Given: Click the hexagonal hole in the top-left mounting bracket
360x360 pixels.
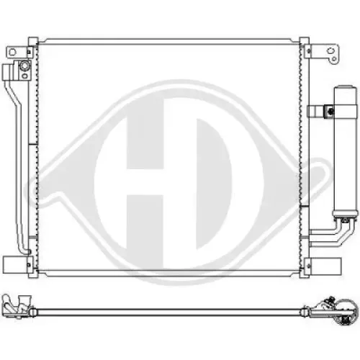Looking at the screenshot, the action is coord(12,52).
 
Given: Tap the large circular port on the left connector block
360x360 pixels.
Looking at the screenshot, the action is coord(24,66).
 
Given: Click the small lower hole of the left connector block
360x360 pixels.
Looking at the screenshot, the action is coord(24,76).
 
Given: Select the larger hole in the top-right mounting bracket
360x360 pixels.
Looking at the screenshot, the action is coord(330,50).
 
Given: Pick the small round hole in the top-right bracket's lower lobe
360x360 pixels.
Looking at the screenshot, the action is coord(334,59).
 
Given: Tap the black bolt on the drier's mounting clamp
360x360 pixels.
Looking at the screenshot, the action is coord(330,111).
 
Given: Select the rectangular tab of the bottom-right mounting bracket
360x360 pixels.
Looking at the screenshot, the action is coord(325,266).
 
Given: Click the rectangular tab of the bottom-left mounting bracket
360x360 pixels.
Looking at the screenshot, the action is coord(15,265).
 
